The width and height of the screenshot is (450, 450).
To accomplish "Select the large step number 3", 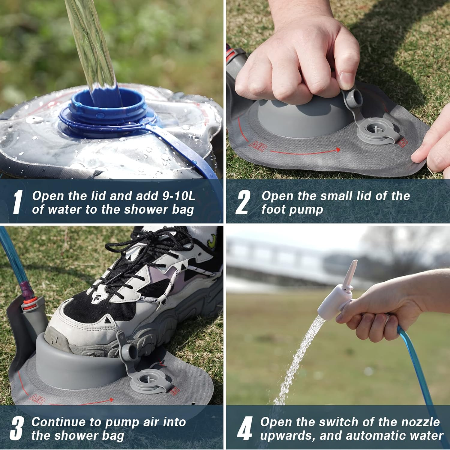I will click(x=16, y=428).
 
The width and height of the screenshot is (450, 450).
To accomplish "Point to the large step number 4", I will click(x=244, y=428).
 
